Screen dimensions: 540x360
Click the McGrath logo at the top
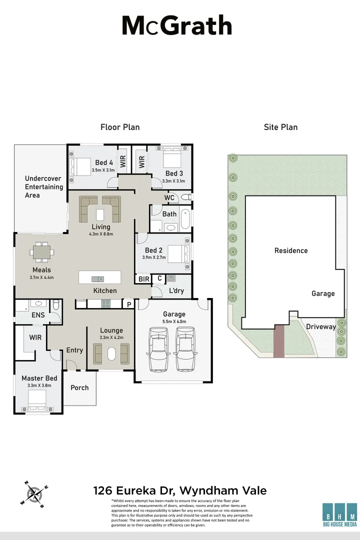click(177, 26)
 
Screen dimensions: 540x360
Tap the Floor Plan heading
click(120, 127)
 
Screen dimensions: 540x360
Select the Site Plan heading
click(280, 127)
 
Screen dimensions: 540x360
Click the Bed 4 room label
click(104, 162)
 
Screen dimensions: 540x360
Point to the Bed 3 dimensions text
click(174, 181)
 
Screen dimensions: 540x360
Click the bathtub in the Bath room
click(185, 219)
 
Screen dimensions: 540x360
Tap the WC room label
click(169, 197)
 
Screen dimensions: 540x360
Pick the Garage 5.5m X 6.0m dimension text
click(174, 322)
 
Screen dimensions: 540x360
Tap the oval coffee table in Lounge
click(111, 353)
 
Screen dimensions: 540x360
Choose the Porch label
click(79, 387)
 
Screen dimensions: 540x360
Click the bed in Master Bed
click(37, 400)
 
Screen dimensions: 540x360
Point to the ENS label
click(38, 315)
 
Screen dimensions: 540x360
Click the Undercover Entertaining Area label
click(43, 186)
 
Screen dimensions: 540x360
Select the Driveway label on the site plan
click(320, 326)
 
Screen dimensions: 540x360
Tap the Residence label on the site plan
click(291, 250)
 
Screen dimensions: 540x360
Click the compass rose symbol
click(34, 494)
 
